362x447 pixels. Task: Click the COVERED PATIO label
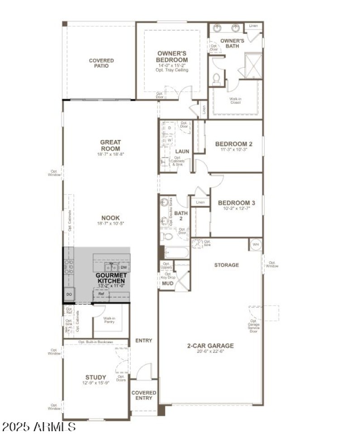pos(101,63)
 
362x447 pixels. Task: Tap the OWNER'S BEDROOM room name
pos(172,56)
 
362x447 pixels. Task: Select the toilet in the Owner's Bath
pos(216,79)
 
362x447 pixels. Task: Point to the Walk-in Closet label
pos(234,101)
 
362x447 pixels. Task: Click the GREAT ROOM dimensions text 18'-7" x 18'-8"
pos(110,154)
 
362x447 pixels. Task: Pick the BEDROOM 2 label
pos(233,144)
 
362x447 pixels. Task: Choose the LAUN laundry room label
pos(182,151)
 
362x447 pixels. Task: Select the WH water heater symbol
pos(255,244)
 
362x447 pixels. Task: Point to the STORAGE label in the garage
pos(226,265)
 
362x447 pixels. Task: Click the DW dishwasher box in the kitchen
pos(124,267)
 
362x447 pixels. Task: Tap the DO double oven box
pos(69,294)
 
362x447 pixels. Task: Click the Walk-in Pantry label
pos(109,321)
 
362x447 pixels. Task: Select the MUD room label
pos(167,284)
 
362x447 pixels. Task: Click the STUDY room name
pos(96,377)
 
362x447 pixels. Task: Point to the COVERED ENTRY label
pos(144,396)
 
